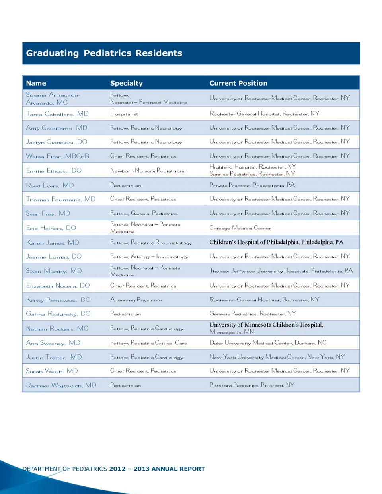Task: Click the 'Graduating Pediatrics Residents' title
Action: (104, 53)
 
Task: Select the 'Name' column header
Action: (36, 83)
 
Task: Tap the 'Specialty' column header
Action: (126, 83)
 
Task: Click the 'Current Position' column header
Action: (238, 83)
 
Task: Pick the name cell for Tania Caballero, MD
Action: (57, 114)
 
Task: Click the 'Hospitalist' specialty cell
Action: (124, 114)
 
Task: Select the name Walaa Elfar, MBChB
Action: (57, 156)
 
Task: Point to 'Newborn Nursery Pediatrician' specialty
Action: (149, 171)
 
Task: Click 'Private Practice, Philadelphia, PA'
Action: (252, 185)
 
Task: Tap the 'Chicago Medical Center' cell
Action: (240, 228)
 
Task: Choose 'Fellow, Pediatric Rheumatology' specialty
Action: (151, 243)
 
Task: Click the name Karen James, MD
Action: (53, 243)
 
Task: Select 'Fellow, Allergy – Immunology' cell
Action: (149, 257)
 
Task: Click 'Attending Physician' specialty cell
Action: (136, 300)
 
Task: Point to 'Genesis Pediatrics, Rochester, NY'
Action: (253, 314)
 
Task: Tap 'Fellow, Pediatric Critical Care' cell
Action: (148, 343)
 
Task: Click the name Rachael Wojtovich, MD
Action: (61, 385)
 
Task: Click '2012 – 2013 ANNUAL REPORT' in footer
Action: (157, 469)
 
